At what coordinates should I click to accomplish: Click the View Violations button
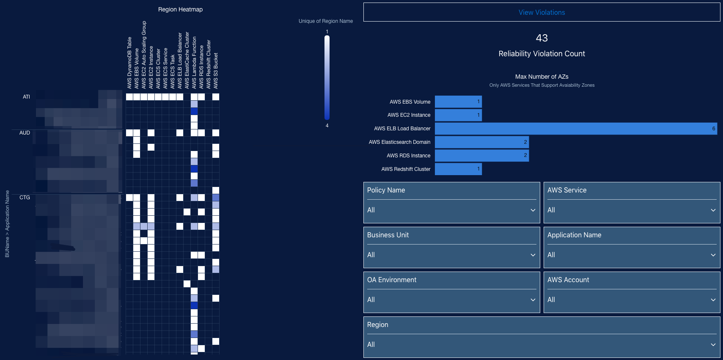coord(542,13)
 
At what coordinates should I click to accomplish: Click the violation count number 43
coord(542,38)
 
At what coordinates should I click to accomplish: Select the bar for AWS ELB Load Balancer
coord(575,129)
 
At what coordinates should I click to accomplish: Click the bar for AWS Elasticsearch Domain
coord(481,142)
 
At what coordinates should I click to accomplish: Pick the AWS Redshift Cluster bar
coord(458,169)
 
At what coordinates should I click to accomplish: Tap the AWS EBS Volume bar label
coord(410,102)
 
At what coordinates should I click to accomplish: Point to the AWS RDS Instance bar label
coord(408,156)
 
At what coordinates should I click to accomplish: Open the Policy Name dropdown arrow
coord(533,210)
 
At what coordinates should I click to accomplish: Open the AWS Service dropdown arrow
coord(713,210)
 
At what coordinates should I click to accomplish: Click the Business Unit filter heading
coord(388,235)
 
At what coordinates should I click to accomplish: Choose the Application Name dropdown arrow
coord(713,255)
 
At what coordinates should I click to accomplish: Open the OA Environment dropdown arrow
coord(533,300)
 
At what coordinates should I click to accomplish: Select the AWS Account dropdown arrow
coord(713,300)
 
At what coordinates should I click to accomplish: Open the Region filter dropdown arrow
coord(713,345)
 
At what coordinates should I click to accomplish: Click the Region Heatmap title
coord(180,9)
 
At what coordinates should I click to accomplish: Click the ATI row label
coord(26,97)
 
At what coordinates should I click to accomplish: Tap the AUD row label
coord(25,133)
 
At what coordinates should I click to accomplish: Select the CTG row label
coord(25,198)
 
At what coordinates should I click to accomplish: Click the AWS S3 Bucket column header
coord(216,71)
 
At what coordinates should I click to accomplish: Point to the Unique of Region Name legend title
coord(325,21)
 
